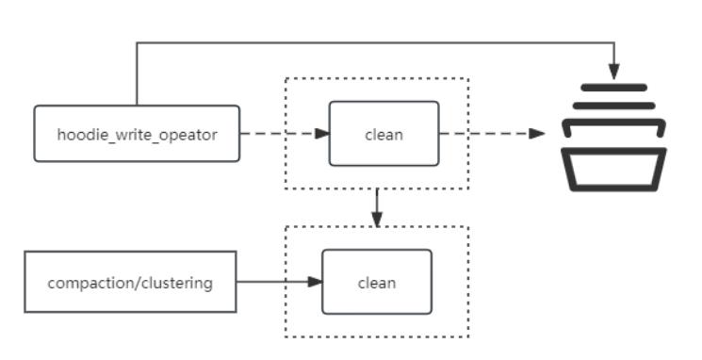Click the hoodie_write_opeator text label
pyautogui.click(x=137, y=135)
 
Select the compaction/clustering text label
pyautogui.click(x=130, y=283)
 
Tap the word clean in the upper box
pyautogui.click(x=384, y=135)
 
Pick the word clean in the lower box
pyautogui.click(x=377, y=283)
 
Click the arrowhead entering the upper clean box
pyautogui.click(x=322, y=134)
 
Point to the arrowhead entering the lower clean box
pyautogui.click(x=315, y=282)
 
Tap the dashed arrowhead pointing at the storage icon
pyautogui.click(x=536, y=134)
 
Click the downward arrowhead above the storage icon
pyautogui.click(x=613, y=72)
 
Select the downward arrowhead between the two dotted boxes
pyautogui.click(x=377, y=219)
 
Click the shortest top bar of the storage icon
pyautogui.click(x=613, y=88)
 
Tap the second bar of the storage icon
pyautogui.click(x=613, y=106)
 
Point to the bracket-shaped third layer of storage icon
pyautogui.click(x=613, y=123)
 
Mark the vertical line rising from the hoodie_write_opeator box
pyautogui.click(x=137, y=74)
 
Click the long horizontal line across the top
pyautogui.click(x=375, y=43)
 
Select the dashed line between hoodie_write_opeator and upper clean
pyautogui.click(x=278, y=134)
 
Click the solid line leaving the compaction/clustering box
pyautogui.click(x=272, y=282)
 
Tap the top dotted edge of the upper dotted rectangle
pyautogui.click(x=377, y=78)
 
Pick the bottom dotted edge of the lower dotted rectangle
pyautogui.click(x=377, y=336)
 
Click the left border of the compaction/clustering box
pyautogui.click(x=25, y=282)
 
